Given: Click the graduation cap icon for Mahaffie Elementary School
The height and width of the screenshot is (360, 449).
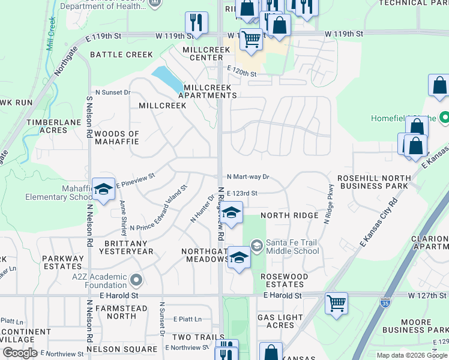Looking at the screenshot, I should (x=103, y=189).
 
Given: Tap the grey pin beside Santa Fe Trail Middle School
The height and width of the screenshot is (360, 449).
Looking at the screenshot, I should (x=257, y=245).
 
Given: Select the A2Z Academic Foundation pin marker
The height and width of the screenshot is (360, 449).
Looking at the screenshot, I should (x=137, y=280).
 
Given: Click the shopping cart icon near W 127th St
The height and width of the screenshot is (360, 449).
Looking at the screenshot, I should (x=336, y=302).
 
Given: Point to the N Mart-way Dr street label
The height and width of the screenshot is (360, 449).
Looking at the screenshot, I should (x=249, y=177).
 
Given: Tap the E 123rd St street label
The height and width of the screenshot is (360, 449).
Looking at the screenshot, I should (x=242, y=193).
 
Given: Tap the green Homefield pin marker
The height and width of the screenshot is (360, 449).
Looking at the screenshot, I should (x=444, y=117).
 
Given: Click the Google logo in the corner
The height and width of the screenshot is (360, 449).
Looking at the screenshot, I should (x=19, y=353).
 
